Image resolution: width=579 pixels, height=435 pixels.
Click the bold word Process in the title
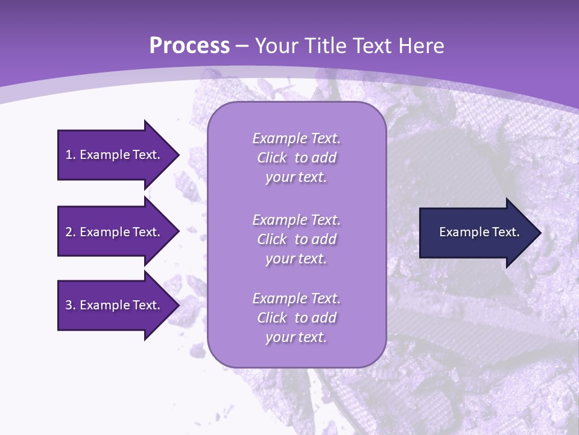pyautogui.click(x=189, y=46)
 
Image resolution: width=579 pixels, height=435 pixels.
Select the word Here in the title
pyautogui.click(x=422, y=46)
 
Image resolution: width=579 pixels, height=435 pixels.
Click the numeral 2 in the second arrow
pyautogui.click(x=69, y=232)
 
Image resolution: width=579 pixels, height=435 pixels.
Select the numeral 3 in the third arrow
pyautogui.click(x=69, y=305)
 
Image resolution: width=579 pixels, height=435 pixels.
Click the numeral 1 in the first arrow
pyautogui.click(x=69, y=155)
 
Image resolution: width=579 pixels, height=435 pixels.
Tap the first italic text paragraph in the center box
pyautogui.click(x=296, y=158)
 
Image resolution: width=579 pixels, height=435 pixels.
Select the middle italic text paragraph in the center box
pyautogui.click(x=296, y=239)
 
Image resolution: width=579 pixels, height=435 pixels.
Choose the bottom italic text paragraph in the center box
pyautogui.click(x=296, y=318)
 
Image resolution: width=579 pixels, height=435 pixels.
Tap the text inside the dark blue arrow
pyautogui.click(x=479, y=232)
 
